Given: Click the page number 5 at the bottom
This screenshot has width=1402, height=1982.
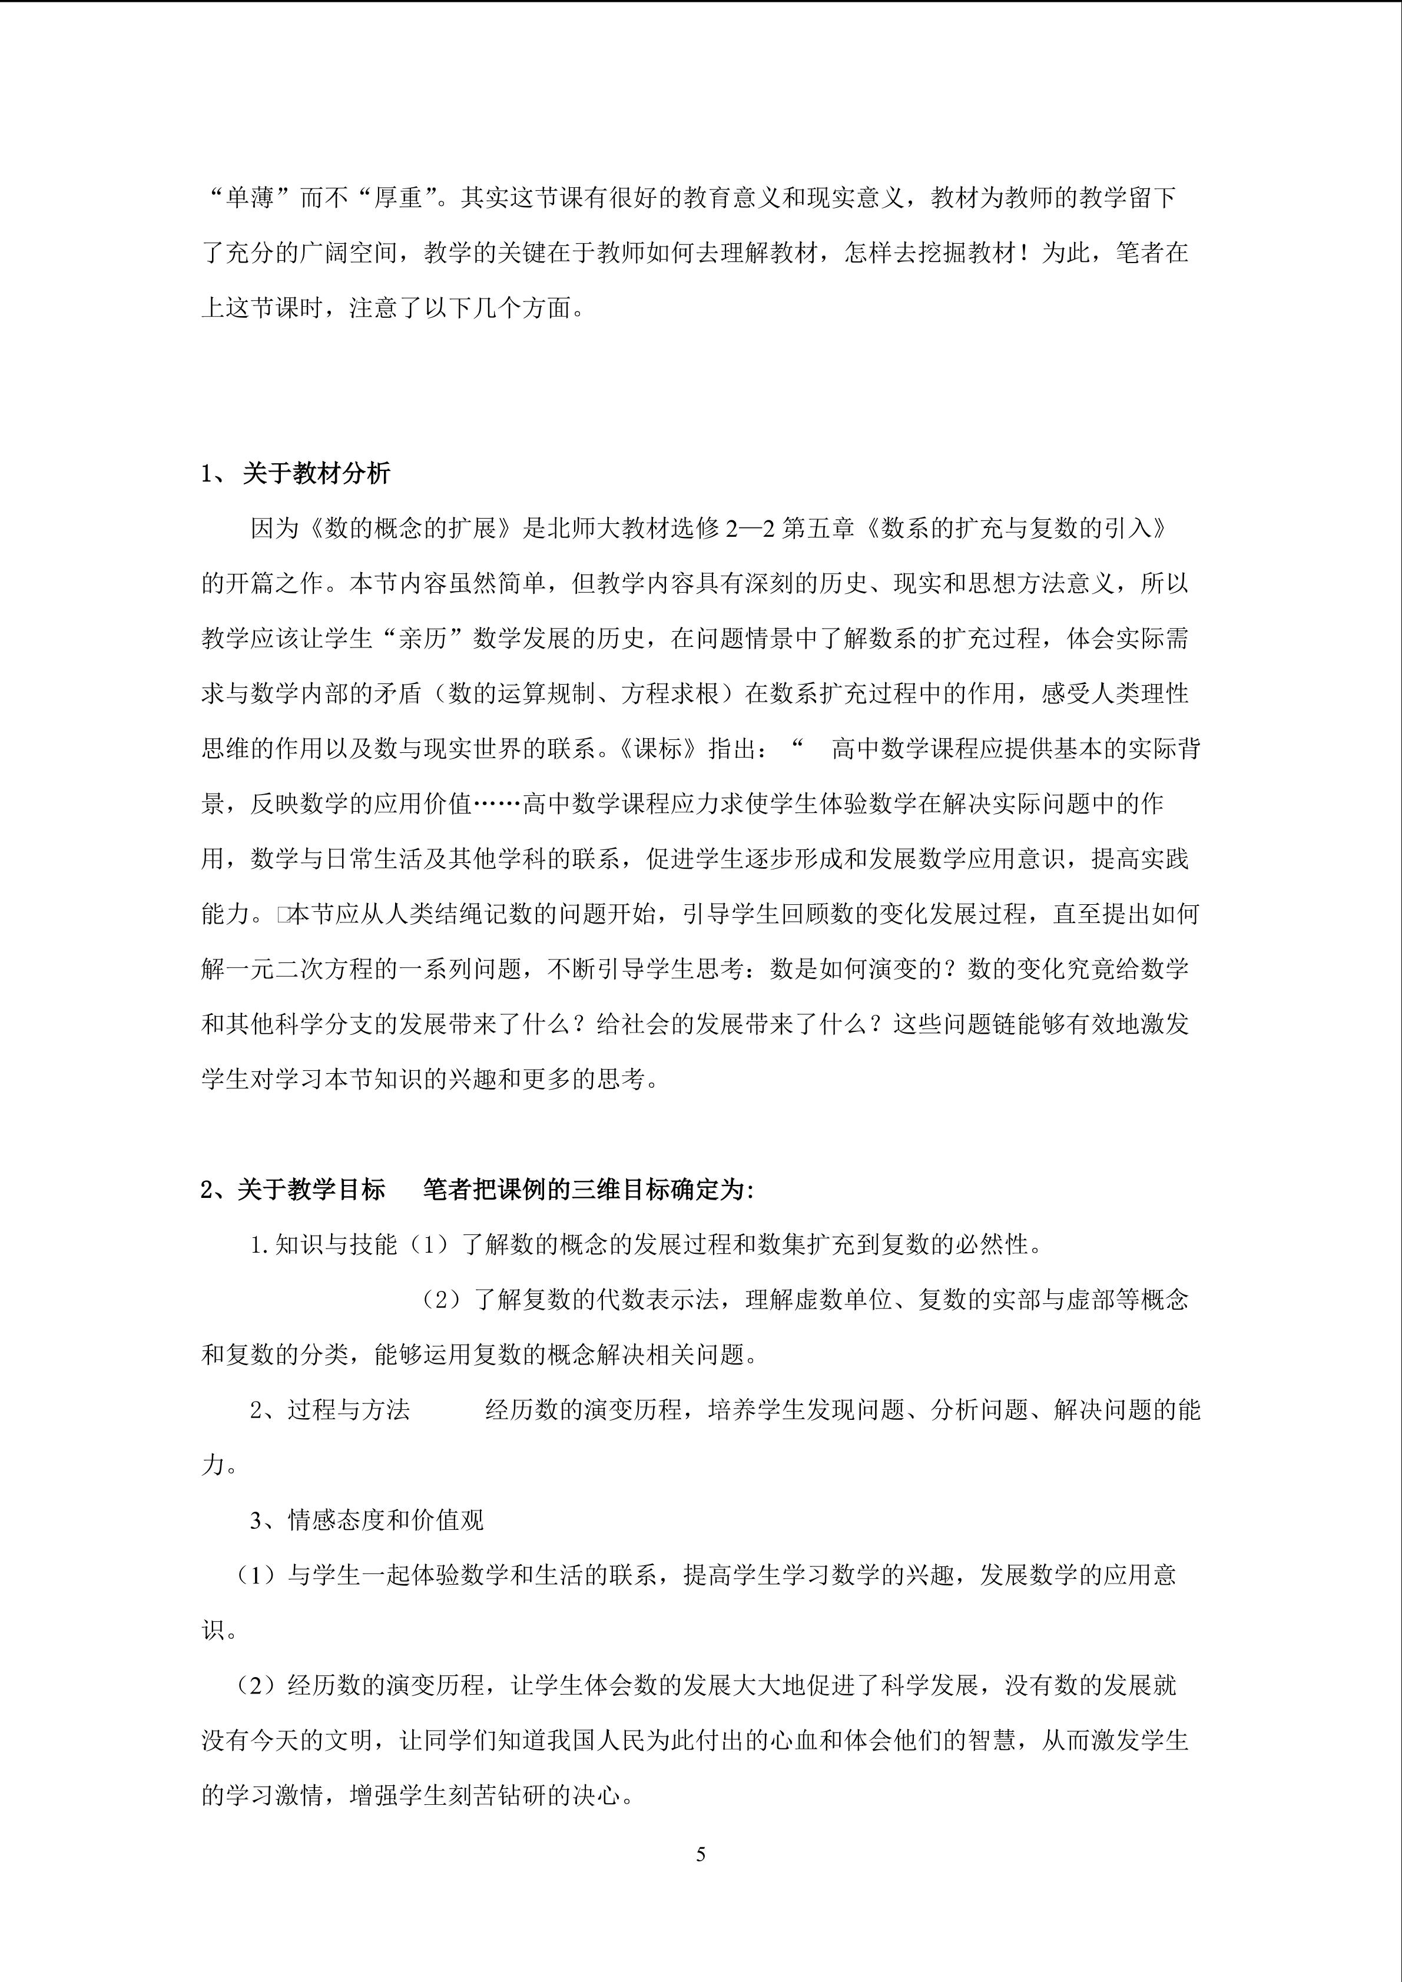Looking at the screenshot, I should (x=700, y=1853).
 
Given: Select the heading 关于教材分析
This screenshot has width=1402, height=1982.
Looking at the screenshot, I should (x=316, y=473).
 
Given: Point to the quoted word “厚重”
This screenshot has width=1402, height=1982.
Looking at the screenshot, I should (x=399, y=198).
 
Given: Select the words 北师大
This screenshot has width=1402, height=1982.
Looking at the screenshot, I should (x=585, y=528).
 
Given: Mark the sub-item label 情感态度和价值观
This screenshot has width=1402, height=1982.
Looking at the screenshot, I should (x=385, y=1521).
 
